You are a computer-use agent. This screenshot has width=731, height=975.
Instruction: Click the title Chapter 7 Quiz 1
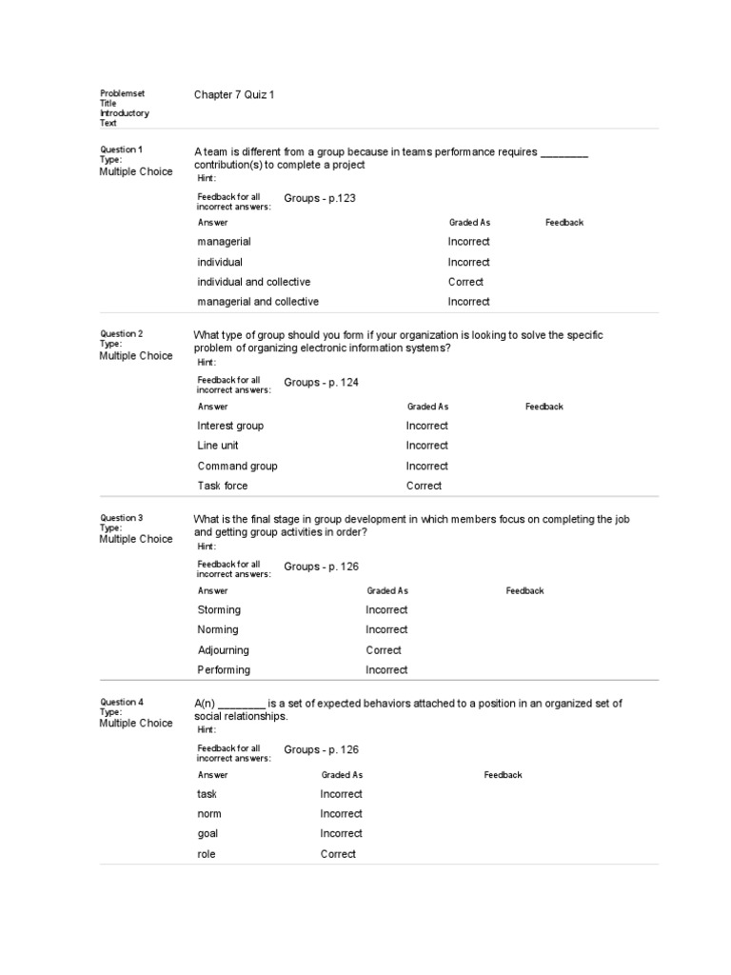point(234,95)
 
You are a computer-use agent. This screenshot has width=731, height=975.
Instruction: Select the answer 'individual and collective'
point(253,282)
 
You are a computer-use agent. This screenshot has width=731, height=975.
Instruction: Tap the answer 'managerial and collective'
point(258,302)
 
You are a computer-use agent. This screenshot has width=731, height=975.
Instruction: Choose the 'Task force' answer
point(222,486)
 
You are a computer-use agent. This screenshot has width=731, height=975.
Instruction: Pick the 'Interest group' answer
point(230,426)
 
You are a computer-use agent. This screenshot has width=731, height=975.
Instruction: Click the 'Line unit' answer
point(218,446)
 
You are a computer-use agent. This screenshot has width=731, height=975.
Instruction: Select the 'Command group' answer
point(237,466)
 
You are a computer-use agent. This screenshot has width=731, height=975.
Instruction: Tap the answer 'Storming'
point(219,609)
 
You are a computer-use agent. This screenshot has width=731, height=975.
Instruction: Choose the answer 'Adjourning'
point(223,650)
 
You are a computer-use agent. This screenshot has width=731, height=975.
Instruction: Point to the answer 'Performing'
point(224,670)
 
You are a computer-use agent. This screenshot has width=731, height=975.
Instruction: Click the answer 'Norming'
point(218,629)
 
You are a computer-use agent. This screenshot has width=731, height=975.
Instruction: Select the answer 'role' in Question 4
point(207,854)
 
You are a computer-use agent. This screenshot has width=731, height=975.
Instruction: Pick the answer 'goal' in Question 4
point(207,834)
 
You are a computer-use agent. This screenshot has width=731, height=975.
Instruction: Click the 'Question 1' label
point(121,149)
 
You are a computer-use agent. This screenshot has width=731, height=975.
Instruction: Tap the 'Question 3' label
point(121,518)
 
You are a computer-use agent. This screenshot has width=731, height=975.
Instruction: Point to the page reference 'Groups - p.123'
point(320,198)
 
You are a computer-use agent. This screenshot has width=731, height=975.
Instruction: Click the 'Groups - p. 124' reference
point(322,382)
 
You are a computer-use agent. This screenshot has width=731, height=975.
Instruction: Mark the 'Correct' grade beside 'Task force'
point(424,486)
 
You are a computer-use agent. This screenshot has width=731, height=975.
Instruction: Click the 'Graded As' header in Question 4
point(342,775)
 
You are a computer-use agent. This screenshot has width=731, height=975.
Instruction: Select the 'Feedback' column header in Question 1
point(564,223)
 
